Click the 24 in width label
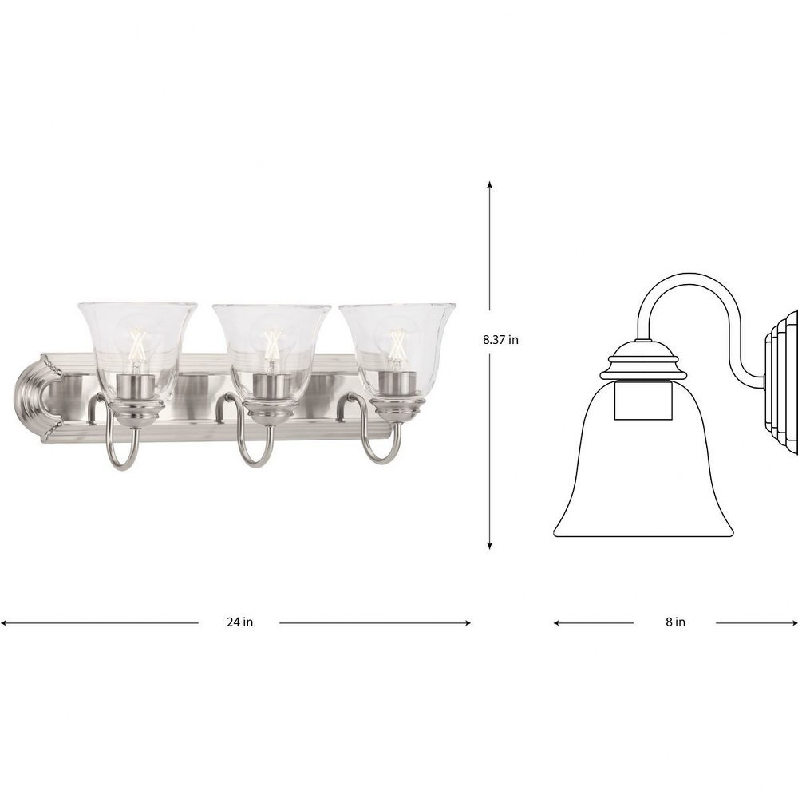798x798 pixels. tap(239, 622)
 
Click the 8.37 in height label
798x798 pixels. tap(500, 339)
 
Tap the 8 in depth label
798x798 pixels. tap(675, 622)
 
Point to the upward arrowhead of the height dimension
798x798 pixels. tap(490, 184)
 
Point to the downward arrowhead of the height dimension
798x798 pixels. tap(490, 545)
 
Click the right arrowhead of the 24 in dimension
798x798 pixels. tap(467, 622)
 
